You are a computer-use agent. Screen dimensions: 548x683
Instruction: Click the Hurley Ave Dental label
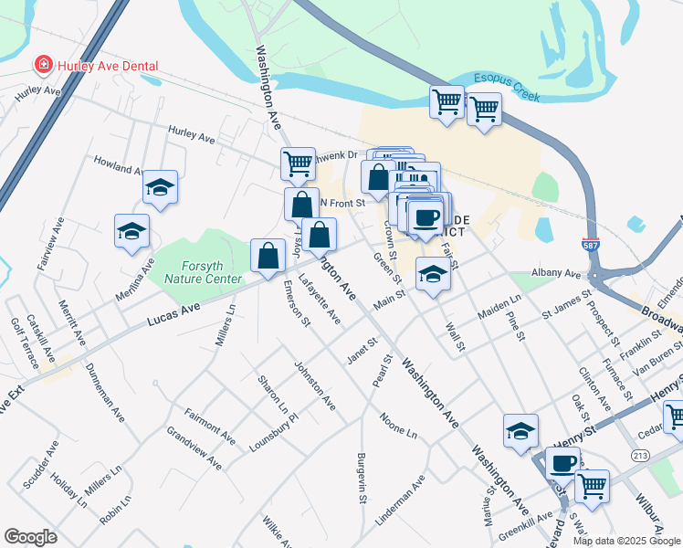tap(108, 66)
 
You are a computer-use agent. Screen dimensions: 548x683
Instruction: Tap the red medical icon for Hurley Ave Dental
tap(42, 65)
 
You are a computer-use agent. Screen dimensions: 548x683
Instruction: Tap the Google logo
tap(30, 537)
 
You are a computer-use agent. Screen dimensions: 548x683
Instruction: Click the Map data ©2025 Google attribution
tap(625, 541)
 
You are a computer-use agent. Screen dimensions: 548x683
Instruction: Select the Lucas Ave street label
tap(172, 311)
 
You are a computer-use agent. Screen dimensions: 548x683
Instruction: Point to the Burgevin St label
tap(362, 479)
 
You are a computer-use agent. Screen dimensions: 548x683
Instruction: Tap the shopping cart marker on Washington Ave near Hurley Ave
tap(298, 163)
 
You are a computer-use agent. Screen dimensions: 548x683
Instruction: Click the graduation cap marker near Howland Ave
tap(160, 187)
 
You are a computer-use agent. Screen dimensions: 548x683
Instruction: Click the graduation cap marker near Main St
tap(432, 274)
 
